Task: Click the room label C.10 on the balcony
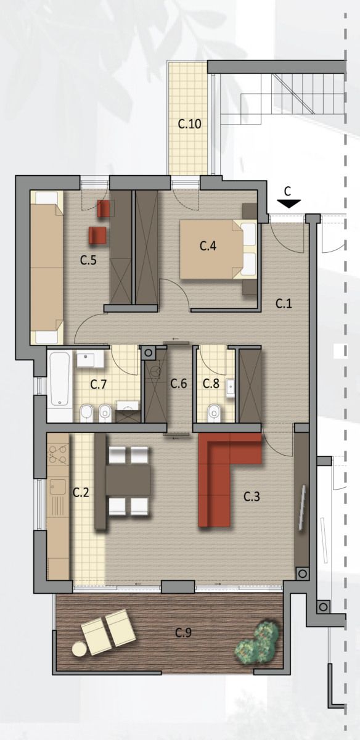tap(189, 124)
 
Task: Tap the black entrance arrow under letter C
tap(288, 204)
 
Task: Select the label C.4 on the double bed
tap(208, 246)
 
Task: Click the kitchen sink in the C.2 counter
tap(57, 501)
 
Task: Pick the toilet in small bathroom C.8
tap(215, 414)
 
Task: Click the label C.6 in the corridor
tap(179, 384)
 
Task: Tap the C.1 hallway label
tap(284, 303)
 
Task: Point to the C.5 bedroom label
tap(89, 260)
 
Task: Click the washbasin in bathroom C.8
tap(230, 387)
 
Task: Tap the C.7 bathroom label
tap(99, 384)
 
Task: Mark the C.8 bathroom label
tap(211, 384)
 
